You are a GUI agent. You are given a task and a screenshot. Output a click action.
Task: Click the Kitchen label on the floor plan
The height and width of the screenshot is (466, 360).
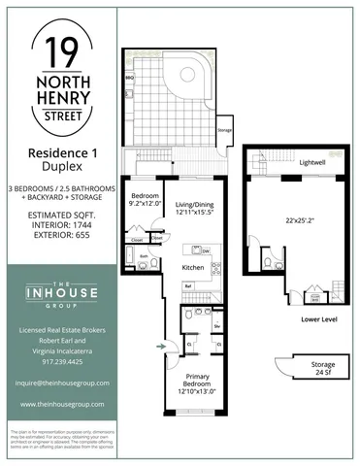tap(192, 267)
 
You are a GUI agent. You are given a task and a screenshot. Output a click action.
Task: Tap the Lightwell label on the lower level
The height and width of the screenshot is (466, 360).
tap(311, 162)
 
